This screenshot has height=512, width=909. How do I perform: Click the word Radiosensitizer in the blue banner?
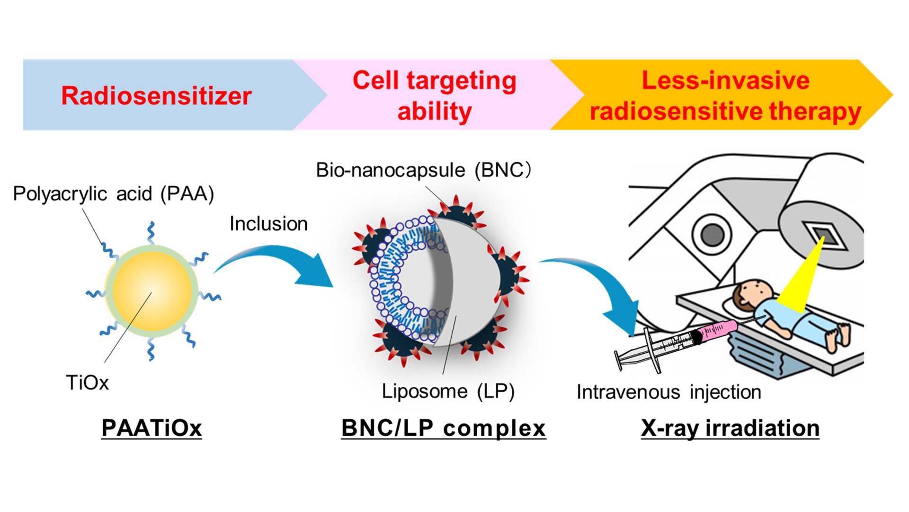coord(156,96)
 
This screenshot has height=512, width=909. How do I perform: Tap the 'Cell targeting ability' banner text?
coord(435,96)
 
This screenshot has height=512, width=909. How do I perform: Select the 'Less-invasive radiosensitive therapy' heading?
coord(725,96)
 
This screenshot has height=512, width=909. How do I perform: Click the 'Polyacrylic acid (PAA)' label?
coord(114,194)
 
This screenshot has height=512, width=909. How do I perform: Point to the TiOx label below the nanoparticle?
coord(88,383)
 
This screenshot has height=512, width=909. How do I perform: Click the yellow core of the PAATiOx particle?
coord(152,291)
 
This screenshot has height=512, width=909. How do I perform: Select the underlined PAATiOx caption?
coord(151,428)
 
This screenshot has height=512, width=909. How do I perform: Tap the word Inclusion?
coord(268,224)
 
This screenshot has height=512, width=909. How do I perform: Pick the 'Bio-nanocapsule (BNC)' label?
coord(424,170)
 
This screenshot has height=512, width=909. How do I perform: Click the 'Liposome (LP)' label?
coord(448,392)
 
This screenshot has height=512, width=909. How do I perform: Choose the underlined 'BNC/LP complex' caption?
coord(444,428)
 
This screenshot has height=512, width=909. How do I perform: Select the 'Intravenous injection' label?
coord(669,392)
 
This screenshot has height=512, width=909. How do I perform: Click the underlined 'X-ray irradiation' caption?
coord(730,428)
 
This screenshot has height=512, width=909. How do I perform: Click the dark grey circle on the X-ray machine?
coord(712,234)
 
